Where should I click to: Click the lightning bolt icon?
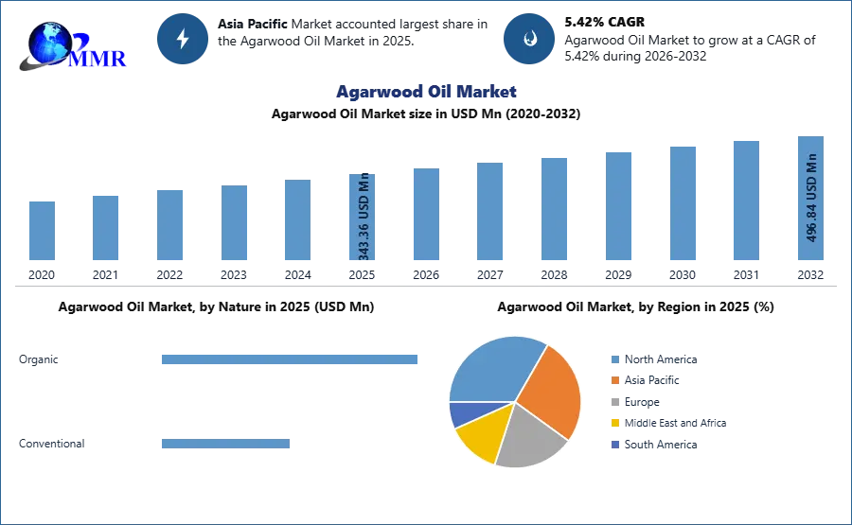183,39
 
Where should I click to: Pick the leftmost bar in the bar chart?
42,231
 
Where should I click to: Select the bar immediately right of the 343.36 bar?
424,216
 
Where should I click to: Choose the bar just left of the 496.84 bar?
746,201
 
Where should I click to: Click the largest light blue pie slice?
492,369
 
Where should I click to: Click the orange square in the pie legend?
614,380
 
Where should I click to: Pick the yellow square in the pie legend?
614,424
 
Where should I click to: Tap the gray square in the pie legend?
614,402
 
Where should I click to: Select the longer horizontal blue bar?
291,359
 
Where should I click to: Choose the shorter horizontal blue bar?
227,446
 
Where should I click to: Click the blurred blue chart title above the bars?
426,93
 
